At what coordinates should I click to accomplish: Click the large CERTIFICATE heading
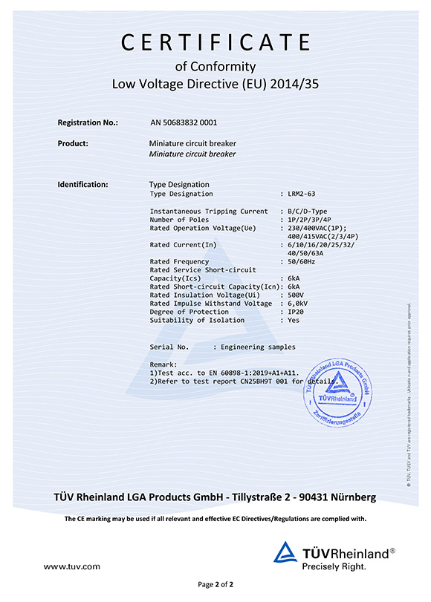tap(215, 43)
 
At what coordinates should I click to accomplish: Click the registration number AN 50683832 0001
tap(183, 122)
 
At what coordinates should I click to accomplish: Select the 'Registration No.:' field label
tap(88, 122)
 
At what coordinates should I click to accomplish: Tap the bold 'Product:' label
tap(73, 143)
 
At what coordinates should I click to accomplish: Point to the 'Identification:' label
tap(82, 184)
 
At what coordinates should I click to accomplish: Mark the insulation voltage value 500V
tap(296, 295)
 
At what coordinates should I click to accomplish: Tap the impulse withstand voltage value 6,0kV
tap(299, 304)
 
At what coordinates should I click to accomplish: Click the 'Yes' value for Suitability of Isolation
tap(294, 320)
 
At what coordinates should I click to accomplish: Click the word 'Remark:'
tap(163, 364)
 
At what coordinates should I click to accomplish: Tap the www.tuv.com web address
tap(71, 566)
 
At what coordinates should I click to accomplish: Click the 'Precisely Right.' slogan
tap(334, 566)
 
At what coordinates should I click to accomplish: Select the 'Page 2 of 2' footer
tap(215, 585)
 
